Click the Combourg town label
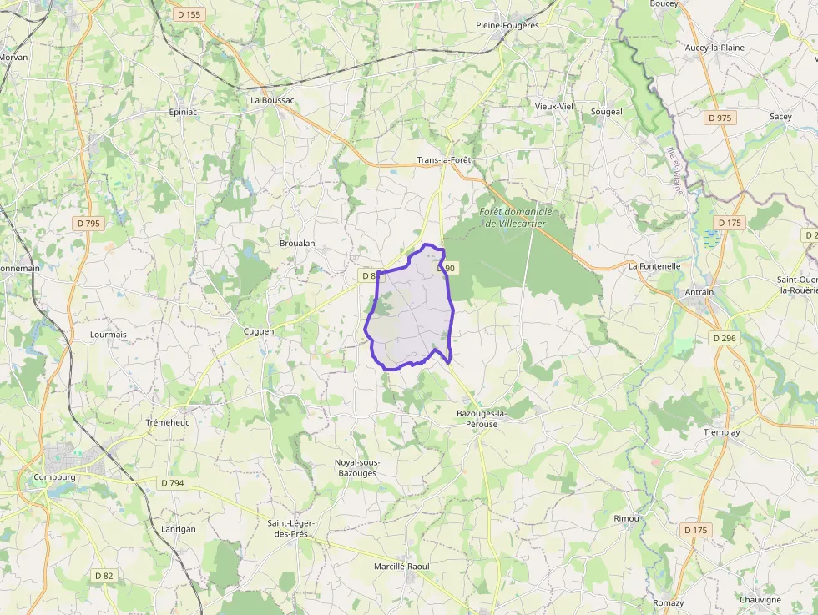[54, 477]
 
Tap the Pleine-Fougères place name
[507, 25]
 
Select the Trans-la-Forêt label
[444, 159]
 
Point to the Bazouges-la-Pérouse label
[482, 419]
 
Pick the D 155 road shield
[189, 14]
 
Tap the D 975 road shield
[719, 118]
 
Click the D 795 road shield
[88, 223]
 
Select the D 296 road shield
[725, 338]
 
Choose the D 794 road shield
[172, 482]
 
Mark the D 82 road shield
[104, 576]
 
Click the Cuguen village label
[258, 331]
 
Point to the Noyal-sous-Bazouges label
[356, 467]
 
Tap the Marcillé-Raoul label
[401, 567]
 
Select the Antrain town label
[699, 292]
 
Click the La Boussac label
[273, 100]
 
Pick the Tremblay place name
[721, 432]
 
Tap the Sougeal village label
[607, 112]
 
